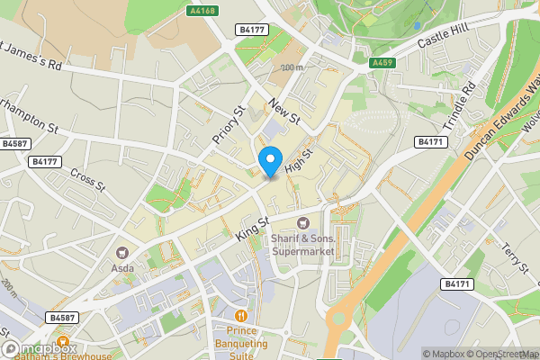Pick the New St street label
[x=284, y=112]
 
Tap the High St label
[x=298, y=162]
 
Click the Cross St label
[x=87, y=181]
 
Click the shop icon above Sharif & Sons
[x=303, y=222]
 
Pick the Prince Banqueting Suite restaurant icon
[x=240, y=316]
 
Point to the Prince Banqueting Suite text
[x=240, y=342]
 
